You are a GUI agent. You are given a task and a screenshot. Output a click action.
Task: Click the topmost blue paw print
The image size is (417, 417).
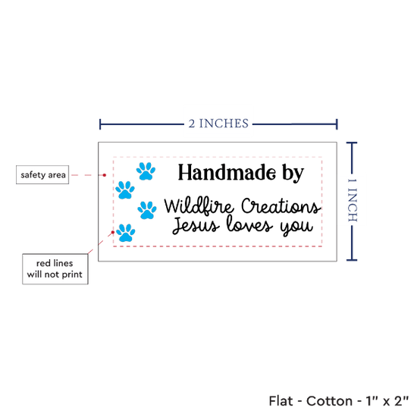(x=146, y=171)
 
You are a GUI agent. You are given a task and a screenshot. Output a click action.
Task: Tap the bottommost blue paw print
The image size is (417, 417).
(x=126, y=233)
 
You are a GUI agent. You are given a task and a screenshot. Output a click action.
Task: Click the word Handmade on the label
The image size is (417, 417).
(x=227, y=173)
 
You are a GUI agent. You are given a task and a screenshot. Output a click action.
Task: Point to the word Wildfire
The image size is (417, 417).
(x=199, y=206)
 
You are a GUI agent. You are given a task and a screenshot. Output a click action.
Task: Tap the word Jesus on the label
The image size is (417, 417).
(x=196, y=225)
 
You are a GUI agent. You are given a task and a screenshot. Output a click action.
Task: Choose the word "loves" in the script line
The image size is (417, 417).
(x=249, y=224)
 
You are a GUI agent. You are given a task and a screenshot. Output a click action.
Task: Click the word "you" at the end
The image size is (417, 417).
(x=296, y=227)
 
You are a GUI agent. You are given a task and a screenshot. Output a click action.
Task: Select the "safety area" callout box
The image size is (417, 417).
(x=42, y=174)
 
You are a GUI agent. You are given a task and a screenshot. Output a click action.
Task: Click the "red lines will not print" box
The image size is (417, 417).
(x=55, y=269)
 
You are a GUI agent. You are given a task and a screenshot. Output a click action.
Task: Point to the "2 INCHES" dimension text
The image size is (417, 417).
(x=218, y=124)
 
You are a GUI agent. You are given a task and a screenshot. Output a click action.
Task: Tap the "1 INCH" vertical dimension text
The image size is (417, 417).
(x=353, y=200)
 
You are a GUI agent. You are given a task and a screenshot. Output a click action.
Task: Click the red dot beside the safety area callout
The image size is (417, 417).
(x=105, y=175)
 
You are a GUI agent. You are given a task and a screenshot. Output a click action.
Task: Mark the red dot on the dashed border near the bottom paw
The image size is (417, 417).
(x=113, y=232)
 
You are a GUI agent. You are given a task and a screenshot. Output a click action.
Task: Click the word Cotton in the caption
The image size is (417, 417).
(x=329, y=401)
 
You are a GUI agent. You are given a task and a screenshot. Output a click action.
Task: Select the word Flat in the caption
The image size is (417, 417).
(x=281, y=401)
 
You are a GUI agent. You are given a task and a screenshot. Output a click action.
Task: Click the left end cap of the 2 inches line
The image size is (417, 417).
(x=100, y=124)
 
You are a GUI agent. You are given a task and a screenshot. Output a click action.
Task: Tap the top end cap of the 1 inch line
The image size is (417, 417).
(x=352, y=143)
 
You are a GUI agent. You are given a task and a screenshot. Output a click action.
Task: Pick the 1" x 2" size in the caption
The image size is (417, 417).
(x=387, y=401)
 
